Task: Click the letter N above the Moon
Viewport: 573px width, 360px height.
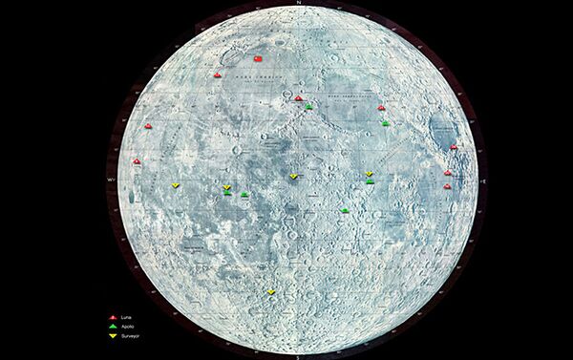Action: point(300,3)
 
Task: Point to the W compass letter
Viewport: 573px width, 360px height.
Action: point(110,180)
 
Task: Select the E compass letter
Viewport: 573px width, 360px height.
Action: point(486,180)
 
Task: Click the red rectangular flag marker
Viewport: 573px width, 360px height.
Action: point(257,59)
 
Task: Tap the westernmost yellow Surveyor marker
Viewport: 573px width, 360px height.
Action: point(175,184)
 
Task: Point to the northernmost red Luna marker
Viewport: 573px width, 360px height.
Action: point(218,74)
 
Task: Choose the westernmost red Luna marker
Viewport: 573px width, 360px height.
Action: point(137,161)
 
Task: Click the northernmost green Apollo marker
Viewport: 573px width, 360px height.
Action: point(308,105)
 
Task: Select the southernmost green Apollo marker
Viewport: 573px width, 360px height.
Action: point(345,210)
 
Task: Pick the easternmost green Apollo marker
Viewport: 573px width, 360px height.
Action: point(385,123)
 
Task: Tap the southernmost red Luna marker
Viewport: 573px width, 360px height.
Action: point(447,186)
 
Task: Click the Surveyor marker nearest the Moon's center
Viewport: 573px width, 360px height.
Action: point(293,177)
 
